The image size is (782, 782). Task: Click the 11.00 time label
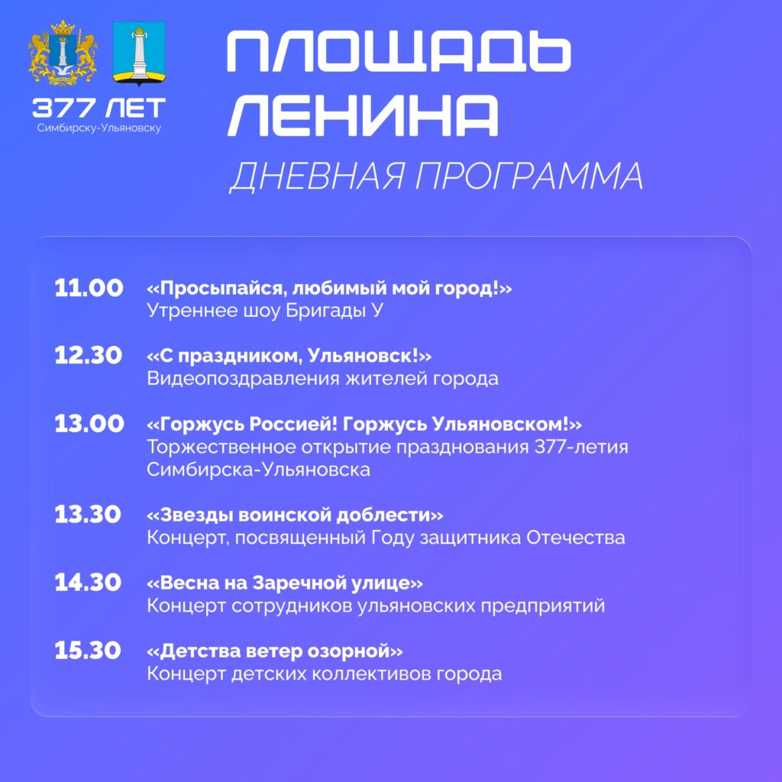point(89,288)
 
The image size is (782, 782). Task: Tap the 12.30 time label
point(89,356)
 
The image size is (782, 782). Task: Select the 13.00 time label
point(89,424)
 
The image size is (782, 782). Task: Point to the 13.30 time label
point(88,515)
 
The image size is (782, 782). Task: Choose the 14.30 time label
point(88,583)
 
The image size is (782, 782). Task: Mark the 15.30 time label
point(88,651)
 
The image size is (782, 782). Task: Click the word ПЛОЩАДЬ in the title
point(399,51)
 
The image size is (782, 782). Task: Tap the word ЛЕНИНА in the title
point(363,115)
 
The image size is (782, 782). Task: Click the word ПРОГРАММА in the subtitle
point(529,176)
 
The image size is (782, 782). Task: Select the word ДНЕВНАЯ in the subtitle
point(317,176)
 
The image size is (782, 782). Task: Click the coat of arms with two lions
point(63,53)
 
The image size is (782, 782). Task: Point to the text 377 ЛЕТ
point(99,108)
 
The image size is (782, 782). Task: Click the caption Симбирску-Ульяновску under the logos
point(99,128)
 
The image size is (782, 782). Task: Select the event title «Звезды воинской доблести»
point(295,515)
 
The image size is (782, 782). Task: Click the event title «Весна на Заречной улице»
point(285,583)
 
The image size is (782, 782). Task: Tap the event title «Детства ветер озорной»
point(275,651)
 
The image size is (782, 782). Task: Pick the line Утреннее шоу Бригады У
point(265,311)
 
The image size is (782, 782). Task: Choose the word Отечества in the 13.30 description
point(576,538)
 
